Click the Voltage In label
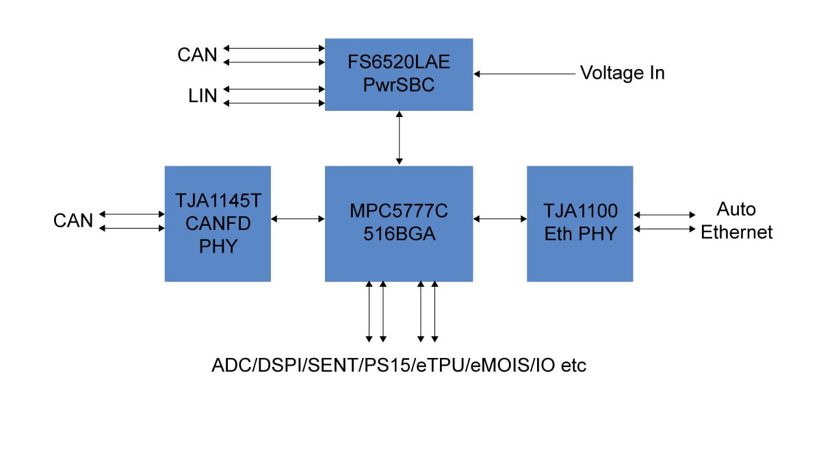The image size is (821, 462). [x=622, y=73]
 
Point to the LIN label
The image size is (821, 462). [x=203, y=96]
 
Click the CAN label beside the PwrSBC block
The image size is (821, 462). [x=197, y=55]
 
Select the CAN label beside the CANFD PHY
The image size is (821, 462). [x=73, y=220]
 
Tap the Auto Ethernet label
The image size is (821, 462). [x=736, y=220]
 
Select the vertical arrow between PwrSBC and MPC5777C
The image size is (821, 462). [x=399, y=138]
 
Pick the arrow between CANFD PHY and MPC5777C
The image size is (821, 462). [x=298, y=219]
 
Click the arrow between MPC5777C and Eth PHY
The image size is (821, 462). [x=499, y=219]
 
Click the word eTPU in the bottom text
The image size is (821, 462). [x=441, y=365]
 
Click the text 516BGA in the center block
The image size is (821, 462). [x=399, y=234]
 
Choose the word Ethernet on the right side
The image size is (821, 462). [x=736, y=233]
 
